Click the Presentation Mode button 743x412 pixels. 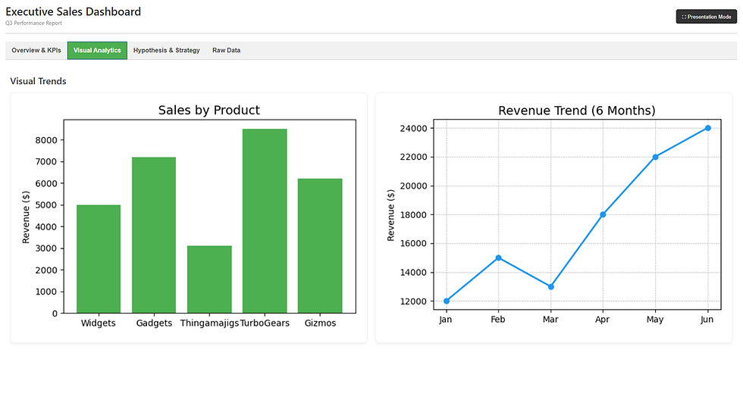point(706,16)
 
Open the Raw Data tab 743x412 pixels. point(226,51)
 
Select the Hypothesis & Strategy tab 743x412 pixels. point(166,51)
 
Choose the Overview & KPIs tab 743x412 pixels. point(36,51)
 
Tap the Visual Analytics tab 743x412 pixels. point(97,51)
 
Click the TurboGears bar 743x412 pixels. point(265,220)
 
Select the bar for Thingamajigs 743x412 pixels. point(209,279)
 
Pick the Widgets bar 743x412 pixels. point(99,258)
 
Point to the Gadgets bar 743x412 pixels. point(154,235)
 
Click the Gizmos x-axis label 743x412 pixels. point(320,323)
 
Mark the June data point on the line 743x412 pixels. point(707,128)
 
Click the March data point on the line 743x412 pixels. point(550,287)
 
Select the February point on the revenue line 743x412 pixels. point(498,257)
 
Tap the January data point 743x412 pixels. point(447,301)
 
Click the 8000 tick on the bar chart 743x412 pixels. point(46,140)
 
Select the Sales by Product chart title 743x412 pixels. point(208,111)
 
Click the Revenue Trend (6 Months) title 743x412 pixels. point(576,111)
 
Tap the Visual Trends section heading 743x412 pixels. point(39,81)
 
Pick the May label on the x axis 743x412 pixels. point(655,320)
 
